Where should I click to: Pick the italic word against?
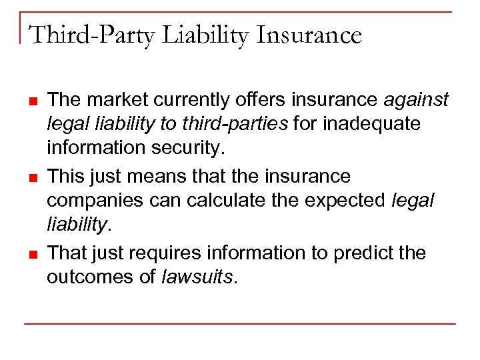pos(416,100)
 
